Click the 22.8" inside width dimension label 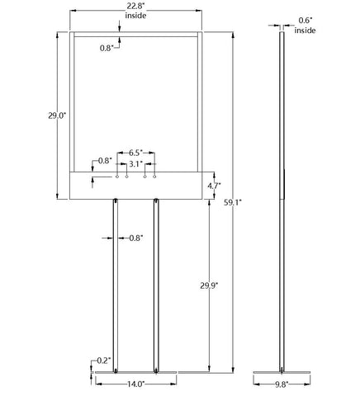tap(135, 11)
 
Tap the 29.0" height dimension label tap(57, 115)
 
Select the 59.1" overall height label tap(233, 203)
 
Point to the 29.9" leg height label tap(209, 286)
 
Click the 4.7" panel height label tap(215, 186)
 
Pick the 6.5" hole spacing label tap(136, 153)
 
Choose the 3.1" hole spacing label tap(136, 164)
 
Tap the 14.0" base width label tap(135, 384)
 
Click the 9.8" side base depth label tap(282, 384)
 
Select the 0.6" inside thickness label tap(306, 26)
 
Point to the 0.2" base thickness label tap(104, 361)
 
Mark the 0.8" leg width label tap(136, 238)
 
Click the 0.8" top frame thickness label tap(107, 48)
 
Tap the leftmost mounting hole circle tap(117, 177)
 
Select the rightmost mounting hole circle tap(154, 177)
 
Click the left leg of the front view tap(116, 285)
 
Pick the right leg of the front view tap(156, 285)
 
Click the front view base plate tap(135, 373)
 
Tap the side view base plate tap(282, 373)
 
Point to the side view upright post tap(282, 201)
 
